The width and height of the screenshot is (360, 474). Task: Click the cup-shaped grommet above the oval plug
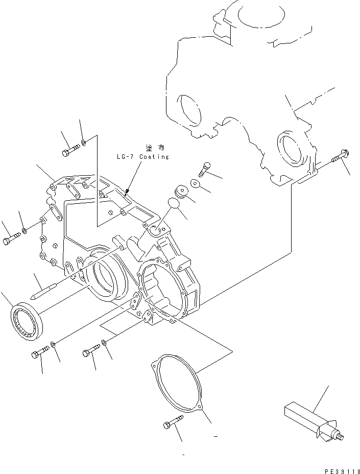point(182,192)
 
